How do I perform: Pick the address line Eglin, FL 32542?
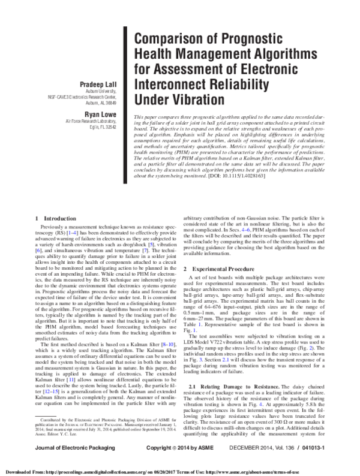(100, 128)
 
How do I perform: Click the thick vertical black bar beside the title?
(125, 65)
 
